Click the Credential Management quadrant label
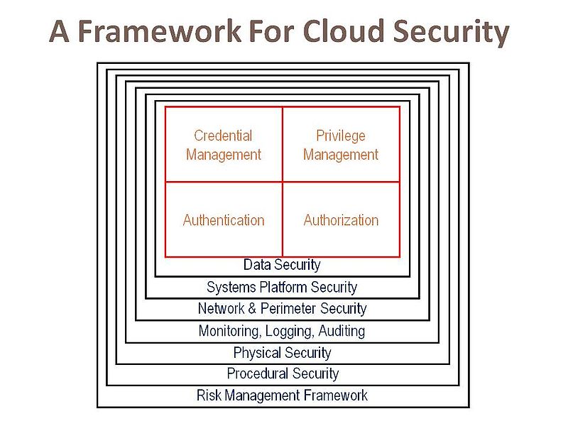[x=224, y=145]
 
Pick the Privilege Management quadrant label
[x=341, y=145]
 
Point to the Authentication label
[x=224, y=220]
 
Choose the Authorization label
[x=341, y=220]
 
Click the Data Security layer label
[x=282, y=265]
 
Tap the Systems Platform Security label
[x=282, y=288]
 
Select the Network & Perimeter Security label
[x=282, y=309]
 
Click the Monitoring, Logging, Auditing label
[x=282, y=331]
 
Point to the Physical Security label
[x=282, y=353]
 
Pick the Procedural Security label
[x=283, y=373]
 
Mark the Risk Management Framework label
[x=283, y=395]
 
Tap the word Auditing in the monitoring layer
[x=342, y=331]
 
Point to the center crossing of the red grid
[x=283, y=182]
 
